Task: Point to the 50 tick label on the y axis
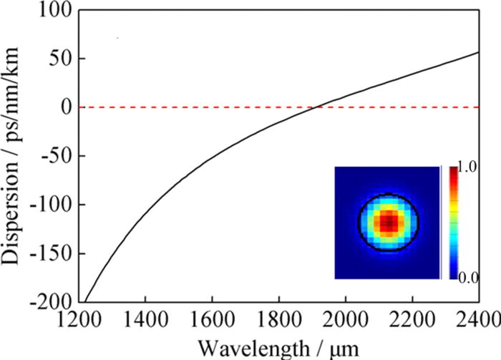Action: [55, 58]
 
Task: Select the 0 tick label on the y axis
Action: [59, 107]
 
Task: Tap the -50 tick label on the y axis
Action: [51, 156]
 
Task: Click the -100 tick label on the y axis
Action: [47, 205]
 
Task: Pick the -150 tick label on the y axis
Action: [47, 253]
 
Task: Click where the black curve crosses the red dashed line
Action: [316, 107]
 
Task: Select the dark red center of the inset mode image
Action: [388, 223]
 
